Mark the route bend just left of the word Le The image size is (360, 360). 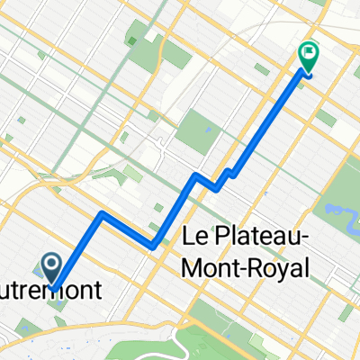tap(154, 245)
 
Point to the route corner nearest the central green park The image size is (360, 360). tap(193, 174)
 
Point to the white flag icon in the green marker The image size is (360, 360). tap(307, 53)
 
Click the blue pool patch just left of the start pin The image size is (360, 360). tap(37, 269)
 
